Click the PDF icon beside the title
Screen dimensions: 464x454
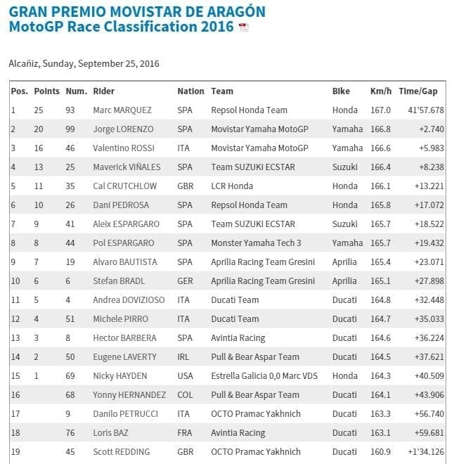tap(243, 27)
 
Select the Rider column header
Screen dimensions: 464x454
tap(103, 91)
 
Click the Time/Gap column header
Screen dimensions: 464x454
tap(417, 91)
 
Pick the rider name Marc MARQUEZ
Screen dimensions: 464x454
tap(122, 110)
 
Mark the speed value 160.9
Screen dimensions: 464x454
tap(380, 451)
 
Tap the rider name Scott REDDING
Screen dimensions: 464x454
tap(121, 451)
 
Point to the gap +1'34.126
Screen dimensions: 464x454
tap(424, 451)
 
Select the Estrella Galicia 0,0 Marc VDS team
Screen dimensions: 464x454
tap(264, 376)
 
